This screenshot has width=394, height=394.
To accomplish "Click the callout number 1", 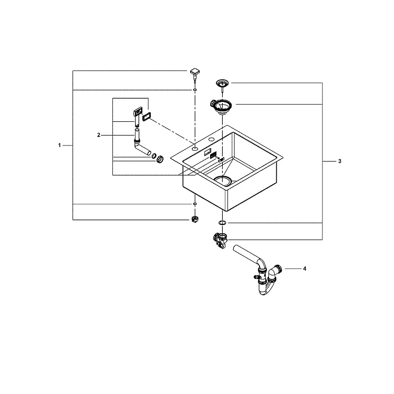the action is (x=59, y=145).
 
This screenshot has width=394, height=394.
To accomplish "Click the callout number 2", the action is (x=99, y=135).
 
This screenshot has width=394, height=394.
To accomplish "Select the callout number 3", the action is (x=340, y=161).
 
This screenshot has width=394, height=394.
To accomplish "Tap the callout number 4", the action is (x=305, y=268).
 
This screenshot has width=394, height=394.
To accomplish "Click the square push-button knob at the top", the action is (x=195, y=72).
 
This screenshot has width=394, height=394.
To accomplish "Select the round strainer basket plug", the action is (x=222, y=83).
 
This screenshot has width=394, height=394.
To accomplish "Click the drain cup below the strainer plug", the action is (x=221, y=107).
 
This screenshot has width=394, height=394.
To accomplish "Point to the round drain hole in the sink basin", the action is (x=223, y=180).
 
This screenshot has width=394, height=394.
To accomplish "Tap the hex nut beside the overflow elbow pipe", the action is (x=160, y=159).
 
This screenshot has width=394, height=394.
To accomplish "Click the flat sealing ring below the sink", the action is (x=222, y=223).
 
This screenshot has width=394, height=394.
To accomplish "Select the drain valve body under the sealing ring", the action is (x=220, y=240).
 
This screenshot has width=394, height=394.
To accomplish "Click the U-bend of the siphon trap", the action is (x=265, y=289).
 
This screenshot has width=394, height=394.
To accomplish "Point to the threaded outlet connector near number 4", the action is (x=278, y=269).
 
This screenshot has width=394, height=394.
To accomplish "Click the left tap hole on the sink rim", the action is (x=195, y=149).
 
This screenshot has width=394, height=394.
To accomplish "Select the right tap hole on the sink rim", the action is (x=211, y=139).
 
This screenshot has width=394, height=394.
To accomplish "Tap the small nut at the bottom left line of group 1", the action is (x=195, y=219).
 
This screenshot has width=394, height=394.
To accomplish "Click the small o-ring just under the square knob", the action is (x=195, y=90).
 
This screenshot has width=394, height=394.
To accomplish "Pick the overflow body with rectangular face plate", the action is (x=137, y=116).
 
